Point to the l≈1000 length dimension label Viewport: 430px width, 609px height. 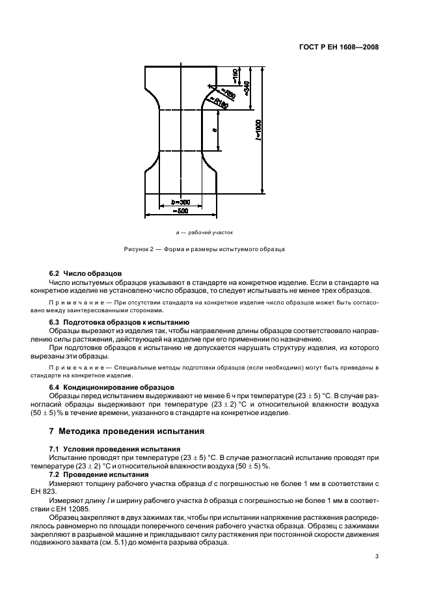[x=259, y=130]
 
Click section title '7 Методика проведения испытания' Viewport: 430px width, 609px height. [x=128, y=431]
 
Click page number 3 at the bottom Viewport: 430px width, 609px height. [x=377, y=556]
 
